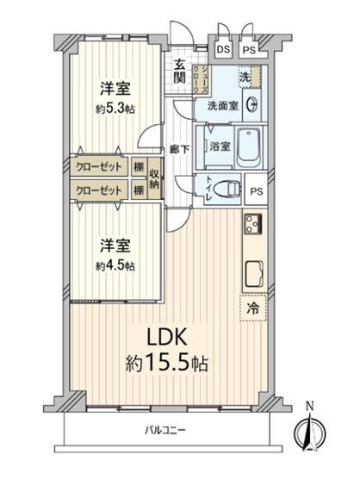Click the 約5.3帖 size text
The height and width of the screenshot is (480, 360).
coord(115,109)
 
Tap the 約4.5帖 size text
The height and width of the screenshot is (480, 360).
coord(115,266)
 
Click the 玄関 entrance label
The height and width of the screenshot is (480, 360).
coord(180,71)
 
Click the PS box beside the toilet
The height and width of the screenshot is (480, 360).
coord(256,191)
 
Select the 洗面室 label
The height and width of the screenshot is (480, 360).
coord(221,107)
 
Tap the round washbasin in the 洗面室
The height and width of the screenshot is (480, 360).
coord(252,106)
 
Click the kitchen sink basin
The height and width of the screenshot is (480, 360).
coord(256,274)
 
